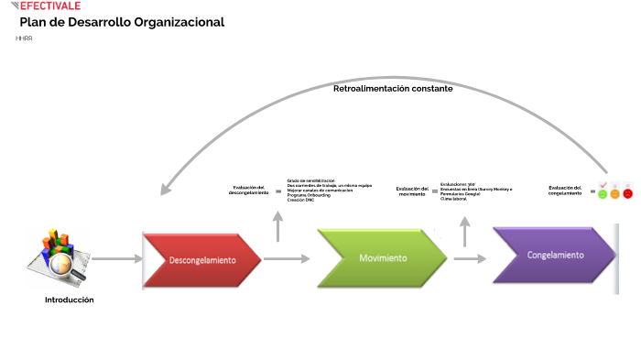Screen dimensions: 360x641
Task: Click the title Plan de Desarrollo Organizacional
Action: [x=122, y=22]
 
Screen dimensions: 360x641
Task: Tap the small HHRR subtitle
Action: [x=24, y=38]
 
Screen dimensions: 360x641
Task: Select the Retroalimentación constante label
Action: [x=392, y=89]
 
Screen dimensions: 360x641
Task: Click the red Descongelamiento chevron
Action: [x=201, y=259]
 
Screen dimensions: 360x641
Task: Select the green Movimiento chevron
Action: [x=382, y=257]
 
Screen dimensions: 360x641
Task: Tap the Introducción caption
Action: [x=70, y=300]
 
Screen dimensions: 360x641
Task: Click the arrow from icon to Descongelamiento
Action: [x=116, y=259]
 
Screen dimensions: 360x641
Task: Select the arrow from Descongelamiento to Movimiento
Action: [x=288, y=259]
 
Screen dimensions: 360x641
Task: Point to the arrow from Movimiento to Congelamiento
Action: [x=469, y=259]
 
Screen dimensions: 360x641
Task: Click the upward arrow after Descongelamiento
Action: [x=279, y=225]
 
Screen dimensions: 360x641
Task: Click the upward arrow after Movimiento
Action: [x=465, y=231]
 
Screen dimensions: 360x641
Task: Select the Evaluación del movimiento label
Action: [x=413, y=191]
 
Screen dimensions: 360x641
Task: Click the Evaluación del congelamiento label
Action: [x=565, y=191]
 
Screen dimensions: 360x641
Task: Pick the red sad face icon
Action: [x=627, y=193]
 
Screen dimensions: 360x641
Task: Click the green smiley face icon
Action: [x=603, y=193]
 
